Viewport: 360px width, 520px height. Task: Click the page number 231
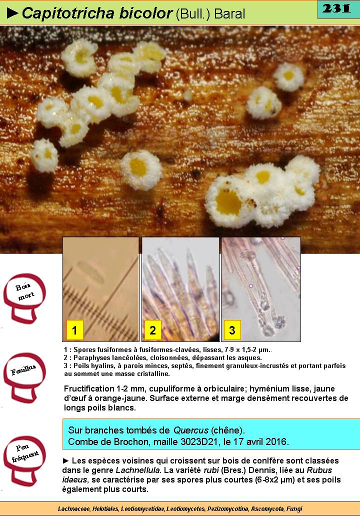click(336, 8)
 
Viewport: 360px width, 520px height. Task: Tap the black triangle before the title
click(12, 13)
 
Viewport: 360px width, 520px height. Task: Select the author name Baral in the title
click(229, 14)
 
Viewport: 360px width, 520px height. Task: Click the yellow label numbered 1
click(74, 330)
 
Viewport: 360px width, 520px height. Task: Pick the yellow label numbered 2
click(153, 330)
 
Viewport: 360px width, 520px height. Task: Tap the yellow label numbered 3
click(232, 330)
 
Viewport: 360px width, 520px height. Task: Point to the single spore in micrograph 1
click(90, 272)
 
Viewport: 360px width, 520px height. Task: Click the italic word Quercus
click(190, 430)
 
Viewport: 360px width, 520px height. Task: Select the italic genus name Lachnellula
click(137, 470)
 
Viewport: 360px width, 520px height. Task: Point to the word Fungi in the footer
click(295, 508)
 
